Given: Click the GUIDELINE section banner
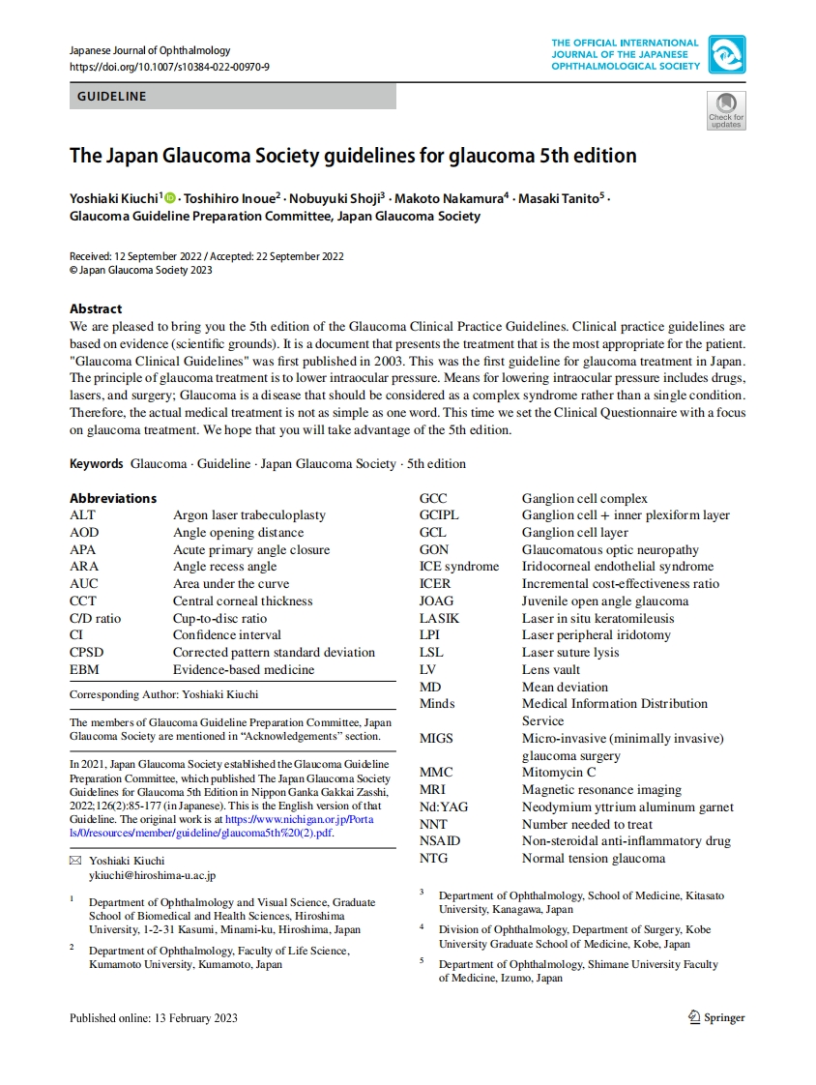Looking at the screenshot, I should pos(232,96).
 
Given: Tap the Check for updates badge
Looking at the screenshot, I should pos(726,109).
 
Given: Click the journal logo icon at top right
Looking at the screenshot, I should pos(726,54).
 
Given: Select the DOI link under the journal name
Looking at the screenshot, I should pos(169,67).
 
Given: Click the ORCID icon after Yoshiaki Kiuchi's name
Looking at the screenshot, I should pos(171,198).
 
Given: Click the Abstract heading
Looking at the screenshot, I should pos(96,309).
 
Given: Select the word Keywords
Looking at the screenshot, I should pos(96,464).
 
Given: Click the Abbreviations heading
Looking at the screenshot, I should pos(112,498).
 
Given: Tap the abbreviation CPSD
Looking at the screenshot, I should pos(86,652).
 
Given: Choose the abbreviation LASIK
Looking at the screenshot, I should pos(439,618).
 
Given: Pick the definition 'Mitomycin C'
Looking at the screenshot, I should pos(559,773).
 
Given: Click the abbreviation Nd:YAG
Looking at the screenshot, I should pos(443,806).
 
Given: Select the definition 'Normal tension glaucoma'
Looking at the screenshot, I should pos(594,858).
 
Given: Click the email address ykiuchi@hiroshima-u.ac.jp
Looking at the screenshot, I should pos(152,875).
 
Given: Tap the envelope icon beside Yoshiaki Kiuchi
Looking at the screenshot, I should pos(76,861).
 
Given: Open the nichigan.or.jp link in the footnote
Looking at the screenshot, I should pos(299,819).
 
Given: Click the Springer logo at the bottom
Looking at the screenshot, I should pos(715,1017).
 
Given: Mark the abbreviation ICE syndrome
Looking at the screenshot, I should pos(458,567).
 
